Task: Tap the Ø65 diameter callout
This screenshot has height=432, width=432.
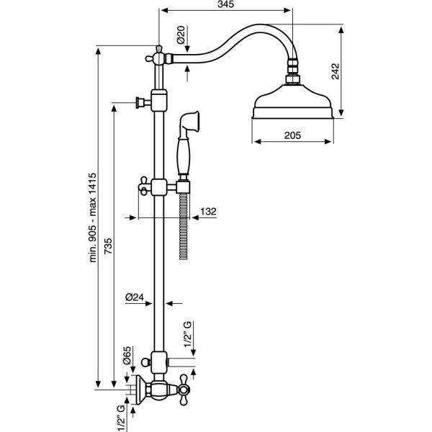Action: [x=127, y=358]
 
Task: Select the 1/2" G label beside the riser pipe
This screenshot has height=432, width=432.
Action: [x=189, y=336]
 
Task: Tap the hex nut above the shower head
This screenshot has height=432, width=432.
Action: [x=293, y=73]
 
